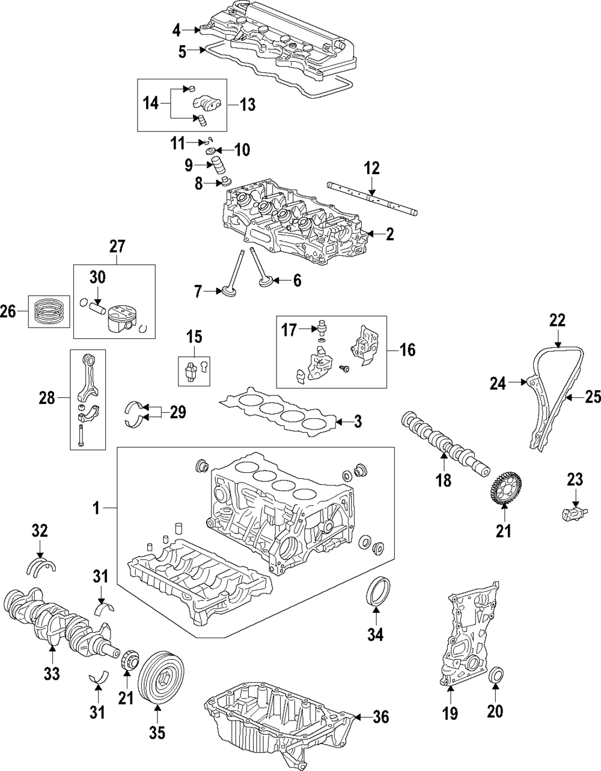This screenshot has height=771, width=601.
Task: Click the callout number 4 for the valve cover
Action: [x=175, y=29]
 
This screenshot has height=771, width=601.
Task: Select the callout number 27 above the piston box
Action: [x=116, y=246]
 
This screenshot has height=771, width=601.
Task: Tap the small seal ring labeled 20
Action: [x=496, y=675]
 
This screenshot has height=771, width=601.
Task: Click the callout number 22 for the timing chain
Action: [x=557, y=320]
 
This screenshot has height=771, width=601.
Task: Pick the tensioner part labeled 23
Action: [x=574, y=513]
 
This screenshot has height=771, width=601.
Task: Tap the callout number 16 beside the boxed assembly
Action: [x=407, y=350]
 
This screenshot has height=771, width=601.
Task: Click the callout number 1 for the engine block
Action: [x=95, y=509]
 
